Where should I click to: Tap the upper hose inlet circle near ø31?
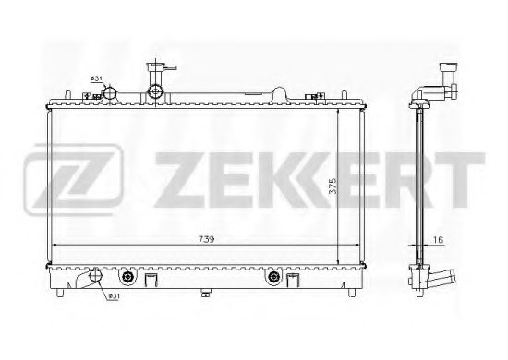click(110, 93)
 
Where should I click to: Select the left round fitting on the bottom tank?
click(127, 277)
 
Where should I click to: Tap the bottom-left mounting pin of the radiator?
click(61, 295)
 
